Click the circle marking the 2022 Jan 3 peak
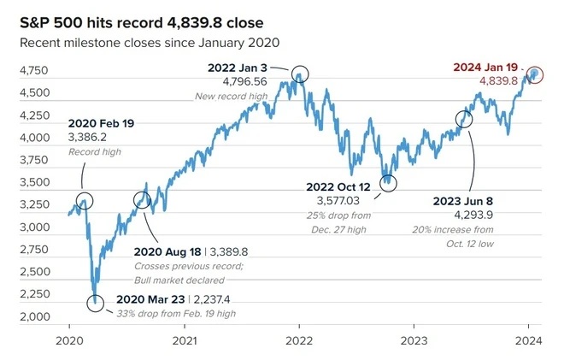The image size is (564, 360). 299,73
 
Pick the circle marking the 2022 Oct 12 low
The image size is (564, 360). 389,181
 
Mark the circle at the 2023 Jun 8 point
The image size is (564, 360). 464,120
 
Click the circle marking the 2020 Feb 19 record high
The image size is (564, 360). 84,201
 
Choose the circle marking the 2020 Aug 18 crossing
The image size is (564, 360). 143,200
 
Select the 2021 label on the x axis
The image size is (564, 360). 185,339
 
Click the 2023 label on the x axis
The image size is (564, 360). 414,339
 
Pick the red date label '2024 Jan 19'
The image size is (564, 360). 485,66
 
